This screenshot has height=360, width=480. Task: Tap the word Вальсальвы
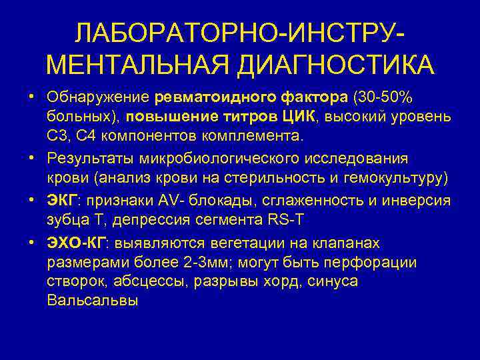[93, 301]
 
